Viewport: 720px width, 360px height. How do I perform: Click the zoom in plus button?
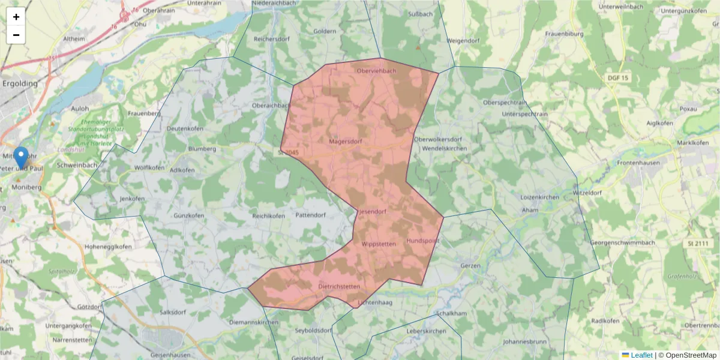pos(16,17)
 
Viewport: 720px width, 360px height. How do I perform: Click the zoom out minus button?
pos(16,35)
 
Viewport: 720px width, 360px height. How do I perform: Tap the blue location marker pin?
pos(21,157)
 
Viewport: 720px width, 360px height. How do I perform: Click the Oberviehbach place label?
pos(377,71)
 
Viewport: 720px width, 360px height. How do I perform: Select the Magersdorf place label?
pos(346,142)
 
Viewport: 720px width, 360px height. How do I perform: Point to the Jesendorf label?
pos(373,212)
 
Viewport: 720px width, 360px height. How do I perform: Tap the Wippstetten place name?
pos(379,244)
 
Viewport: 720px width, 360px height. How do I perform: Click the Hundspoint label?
pos(423,241)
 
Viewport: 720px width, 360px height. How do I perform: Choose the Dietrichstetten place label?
pos(339,287)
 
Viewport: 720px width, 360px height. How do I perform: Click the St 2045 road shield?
pos(288,153)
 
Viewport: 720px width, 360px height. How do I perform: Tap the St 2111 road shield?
pos(696,243)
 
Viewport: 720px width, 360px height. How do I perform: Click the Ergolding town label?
pos(20,84)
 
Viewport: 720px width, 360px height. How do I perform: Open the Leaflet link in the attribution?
pos(641,355)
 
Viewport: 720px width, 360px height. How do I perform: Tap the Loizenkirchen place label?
pos(540,197)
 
